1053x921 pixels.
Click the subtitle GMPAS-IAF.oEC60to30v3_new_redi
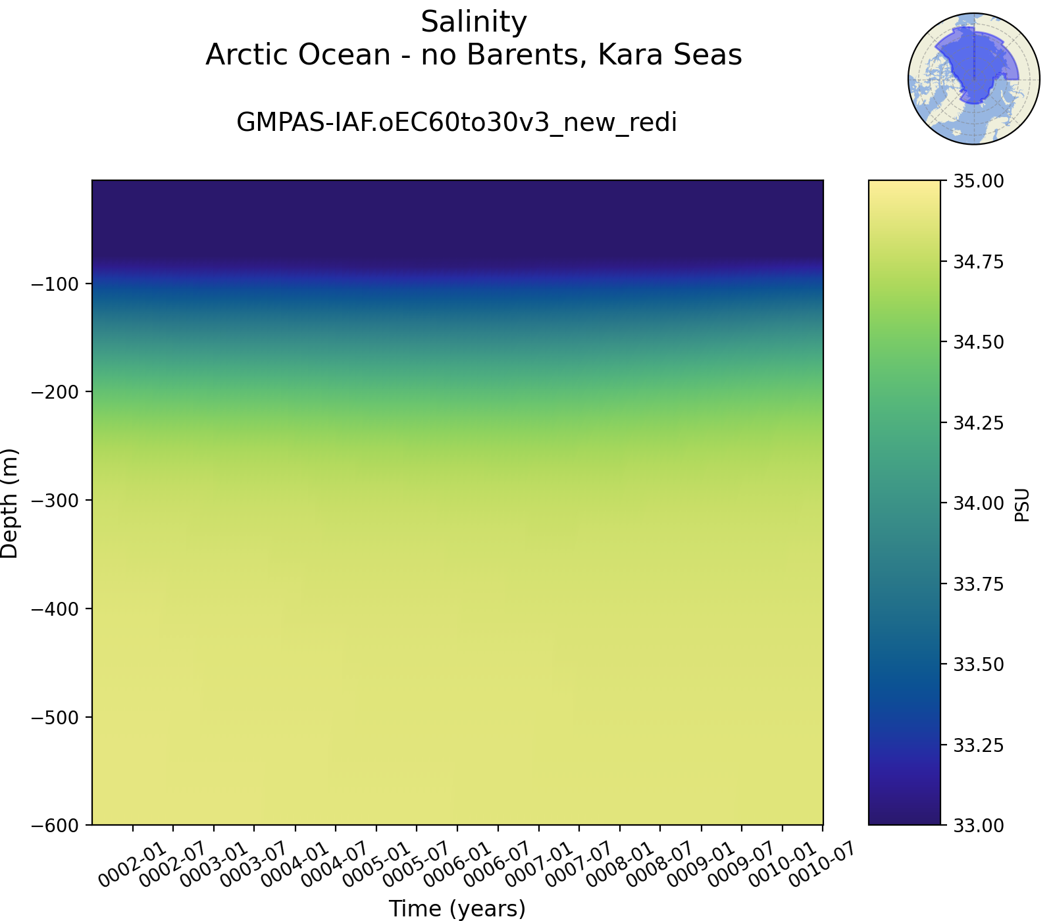click(x=457, y=123)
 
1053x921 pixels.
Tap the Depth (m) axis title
click(x=10, y=503)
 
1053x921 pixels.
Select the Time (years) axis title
click(x=457, y=909)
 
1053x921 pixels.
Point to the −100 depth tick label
click(x=56, y=284)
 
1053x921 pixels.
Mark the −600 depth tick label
click(x=56, y=825)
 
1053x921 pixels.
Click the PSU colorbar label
click(x=1022, y=505)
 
